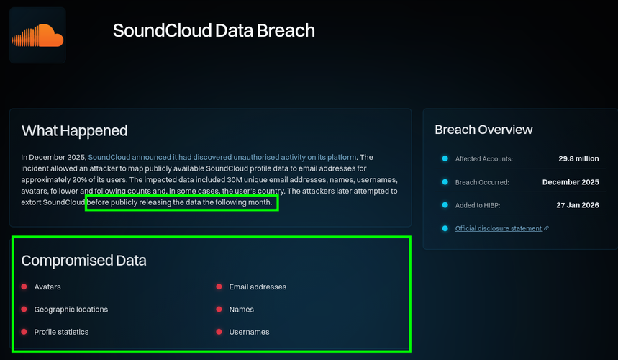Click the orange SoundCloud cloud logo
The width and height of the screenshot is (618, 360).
[37, 35]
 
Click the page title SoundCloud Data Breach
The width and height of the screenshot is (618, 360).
[214, 30]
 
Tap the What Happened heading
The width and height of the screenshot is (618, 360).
[75, 130]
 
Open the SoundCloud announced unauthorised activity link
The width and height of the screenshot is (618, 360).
[222, 157]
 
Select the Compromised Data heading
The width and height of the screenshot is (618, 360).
[84, 260]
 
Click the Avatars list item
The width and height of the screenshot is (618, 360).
[47, 287]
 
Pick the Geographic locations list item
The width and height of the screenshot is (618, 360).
[71, 310]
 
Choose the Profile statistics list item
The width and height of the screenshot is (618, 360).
[61, 332]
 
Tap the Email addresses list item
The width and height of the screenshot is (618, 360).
[258, 287]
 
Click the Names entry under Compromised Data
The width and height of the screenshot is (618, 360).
[242, 310]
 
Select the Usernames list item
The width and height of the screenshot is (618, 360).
[250, 332]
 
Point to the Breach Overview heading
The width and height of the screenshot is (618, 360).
[483, 130]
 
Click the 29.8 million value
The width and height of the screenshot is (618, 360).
[578, 158]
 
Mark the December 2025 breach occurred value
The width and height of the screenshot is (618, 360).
[571, 182]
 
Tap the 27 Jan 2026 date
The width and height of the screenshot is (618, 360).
[578, 205]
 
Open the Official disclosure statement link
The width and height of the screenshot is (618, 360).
[499, 228]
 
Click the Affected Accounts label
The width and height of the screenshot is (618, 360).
[484, 159]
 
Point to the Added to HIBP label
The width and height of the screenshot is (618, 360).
[478, 205]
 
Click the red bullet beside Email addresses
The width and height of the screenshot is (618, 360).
[219, 287]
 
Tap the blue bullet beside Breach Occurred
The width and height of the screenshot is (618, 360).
[445, 181]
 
